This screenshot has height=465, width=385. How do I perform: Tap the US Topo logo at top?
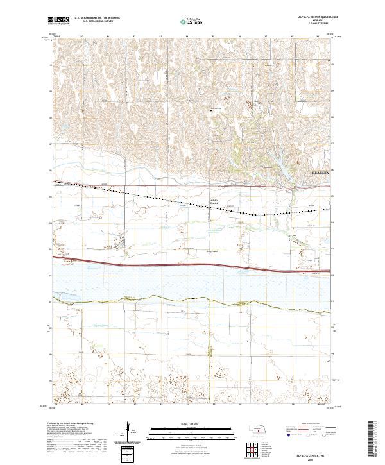click(x=190, y=21)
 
